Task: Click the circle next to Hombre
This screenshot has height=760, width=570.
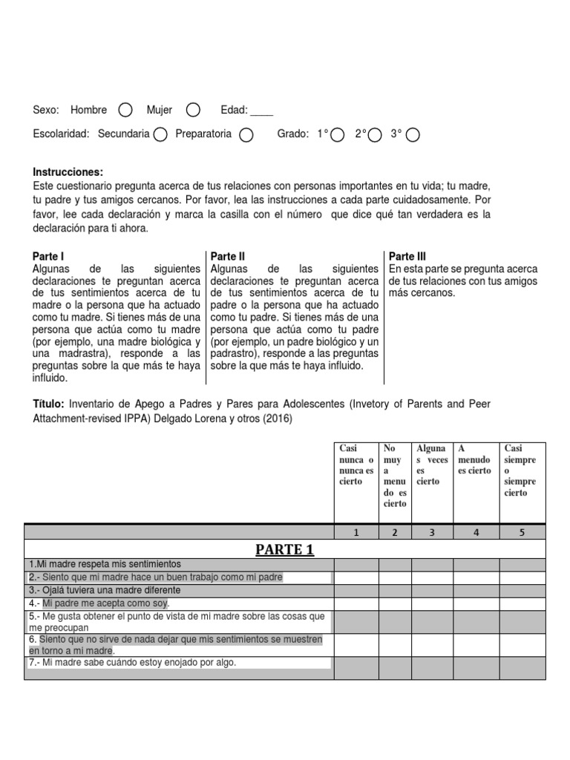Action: [125, 111]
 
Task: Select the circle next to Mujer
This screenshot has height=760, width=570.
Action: [193, 111]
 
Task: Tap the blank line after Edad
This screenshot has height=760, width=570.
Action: [261, 111]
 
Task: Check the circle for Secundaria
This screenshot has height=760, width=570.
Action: [160, 134]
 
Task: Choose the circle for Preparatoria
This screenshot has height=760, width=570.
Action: [247, 134]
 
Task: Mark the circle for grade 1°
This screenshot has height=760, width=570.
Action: [338, 134]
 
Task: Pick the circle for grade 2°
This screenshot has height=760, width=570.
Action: [376, 134]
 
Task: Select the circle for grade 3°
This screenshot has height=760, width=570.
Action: [413, 134]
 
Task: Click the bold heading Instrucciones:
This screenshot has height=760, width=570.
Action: [68, 171]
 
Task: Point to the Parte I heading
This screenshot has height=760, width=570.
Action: [49, 256]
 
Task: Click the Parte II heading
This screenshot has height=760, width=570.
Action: [228, 256]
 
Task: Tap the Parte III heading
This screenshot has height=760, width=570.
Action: [407, 256]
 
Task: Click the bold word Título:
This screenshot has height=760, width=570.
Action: [49, 404]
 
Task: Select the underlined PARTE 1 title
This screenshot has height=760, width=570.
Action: [286, 549]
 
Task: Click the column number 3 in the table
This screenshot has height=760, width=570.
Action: [432, 531]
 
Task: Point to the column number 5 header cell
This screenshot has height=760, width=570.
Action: [522, 531]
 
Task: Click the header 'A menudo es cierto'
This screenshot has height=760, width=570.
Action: [475, 459]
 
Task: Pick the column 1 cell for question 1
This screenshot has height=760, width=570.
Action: [356, 565]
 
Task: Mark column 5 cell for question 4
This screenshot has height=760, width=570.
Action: [522, 603]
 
